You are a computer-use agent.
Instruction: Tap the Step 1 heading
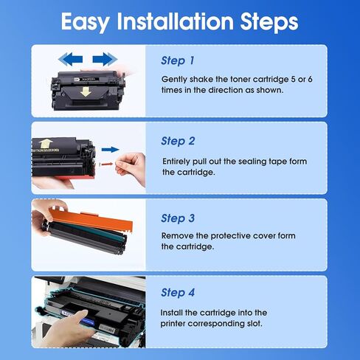click(x=178, y=60)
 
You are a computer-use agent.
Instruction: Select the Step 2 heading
click(x=178, y=140)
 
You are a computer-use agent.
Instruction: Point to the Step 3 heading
click(x=178, y=218)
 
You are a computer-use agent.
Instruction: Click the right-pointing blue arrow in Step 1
click(x=105, y=58)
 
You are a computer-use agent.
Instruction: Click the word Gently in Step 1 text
click(x=175, y=78)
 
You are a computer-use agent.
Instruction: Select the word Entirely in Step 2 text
click(x=178, y=161)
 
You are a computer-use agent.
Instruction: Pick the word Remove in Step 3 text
click(x=178, y=237)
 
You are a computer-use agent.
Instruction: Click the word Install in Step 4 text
click(x=174, y=313)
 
